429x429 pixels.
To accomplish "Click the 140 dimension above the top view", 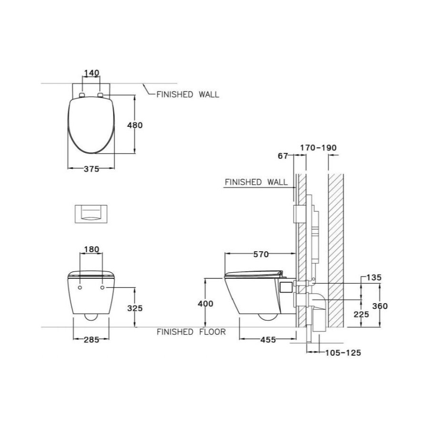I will point(91,73).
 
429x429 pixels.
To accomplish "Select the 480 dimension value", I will point(135,125).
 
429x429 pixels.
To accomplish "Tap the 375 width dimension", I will point(91,169).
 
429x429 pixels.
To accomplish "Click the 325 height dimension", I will point(135,308).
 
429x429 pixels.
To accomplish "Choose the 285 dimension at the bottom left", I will point(91,340).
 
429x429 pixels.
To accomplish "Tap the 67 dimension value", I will point(283,155).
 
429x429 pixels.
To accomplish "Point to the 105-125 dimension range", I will point(343,353).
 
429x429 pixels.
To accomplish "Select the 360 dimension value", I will point(380,306).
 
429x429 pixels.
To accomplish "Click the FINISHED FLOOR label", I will point(191,332).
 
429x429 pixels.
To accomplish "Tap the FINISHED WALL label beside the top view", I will point(188,94).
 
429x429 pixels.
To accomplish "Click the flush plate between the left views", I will point(91,214).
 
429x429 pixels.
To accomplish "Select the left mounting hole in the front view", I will point(80,288).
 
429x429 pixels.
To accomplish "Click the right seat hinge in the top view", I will point(101,95).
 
